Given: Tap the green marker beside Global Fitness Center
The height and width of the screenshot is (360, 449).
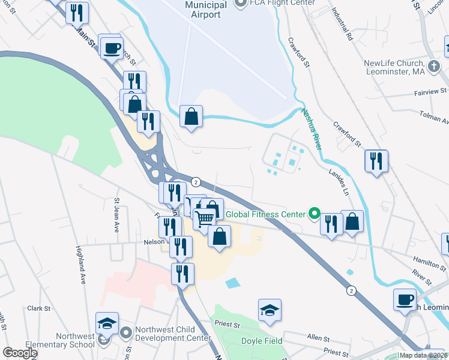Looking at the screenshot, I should (x=313, y=212).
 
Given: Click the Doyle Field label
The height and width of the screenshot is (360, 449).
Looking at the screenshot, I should (x=261, y=341).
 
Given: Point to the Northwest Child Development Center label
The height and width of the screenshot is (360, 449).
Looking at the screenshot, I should (x=172, y=334).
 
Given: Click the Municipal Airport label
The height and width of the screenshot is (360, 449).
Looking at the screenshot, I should (x=206, y=10).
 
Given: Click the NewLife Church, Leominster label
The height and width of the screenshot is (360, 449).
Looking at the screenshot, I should (x=394, y=67).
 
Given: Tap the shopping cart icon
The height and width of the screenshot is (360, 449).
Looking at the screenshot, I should (x=205, y=220).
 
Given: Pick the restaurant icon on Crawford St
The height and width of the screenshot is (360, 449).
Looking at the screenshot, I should (x=376, y=161).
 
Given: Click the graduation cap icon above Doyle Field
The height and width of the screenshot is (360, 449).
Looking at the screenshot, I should (x=270, y=310).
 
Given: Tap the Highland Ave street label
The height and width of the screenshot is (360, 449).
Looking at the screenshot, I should (x=81, y=264).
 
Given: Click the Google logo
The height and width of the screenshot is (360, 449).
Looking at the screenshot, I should (x=19, y=353).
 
